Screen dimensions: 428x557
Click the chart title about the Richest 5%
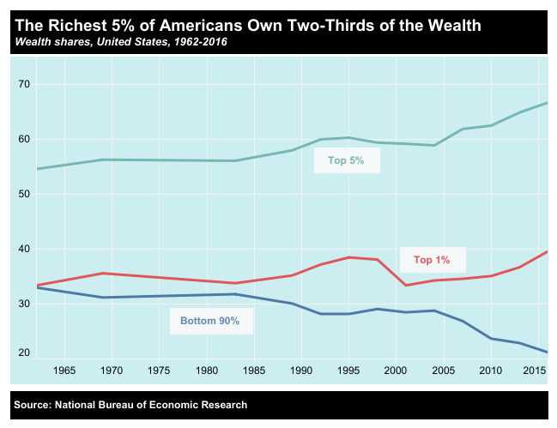[x=249, y=26]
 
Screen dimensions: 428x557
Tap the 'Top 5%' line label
[x=347, y=160]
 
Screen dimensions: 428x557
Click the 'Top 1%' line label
[x=432, y=260]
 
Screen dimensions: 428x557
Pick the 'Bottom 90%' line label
[x=209, y=322]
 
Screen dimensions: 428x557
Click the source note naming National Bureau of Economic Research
[x=130, y=405]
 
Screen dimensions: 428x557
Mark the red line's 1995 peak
[x=348, y=257]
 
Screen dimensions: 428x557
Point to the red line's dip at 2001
[x=405, y=285]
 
